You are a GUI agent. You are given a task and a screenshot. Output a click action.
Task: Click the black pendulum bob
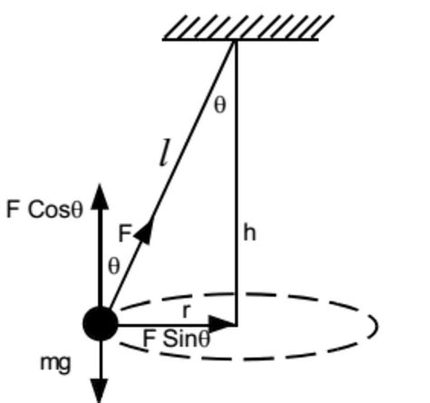pyautogui.click(x=100, y=323)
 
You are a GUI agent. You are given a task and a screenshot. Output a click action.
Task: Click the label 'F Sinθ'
pyautogui.click(x=177, y=340)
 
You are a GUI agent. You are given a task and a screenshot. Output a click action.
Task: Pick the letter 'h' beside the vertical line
pyautogui.click(x=249, y=233)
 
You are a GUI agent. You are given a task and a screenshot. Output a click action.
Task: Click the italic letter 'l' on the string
pyautogui.click(x=163, y=155)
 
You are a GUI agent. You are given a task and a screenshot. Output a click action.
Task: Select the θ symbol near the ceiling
pyautogui.click(x=220, y=104)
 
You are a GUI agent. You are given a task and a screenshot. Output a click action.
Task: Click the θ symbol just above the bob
pyautogui.click(x=113, y=265)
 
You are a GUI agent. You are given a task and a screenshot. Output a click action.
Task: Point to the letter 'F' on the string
pyautogui.click(x=125, y=233)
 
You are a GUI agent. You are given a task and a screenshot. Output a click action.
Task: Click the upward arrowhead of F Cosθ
pyautogui.click(x=100, y=192)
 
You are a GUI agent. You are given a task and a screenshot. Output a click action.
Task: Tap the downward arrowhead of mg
pyautogui.click(x=100, y=390)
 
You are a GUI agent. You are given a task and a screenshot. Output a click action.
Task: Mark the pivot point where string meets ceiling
pyautogui.click(x=236, y=41)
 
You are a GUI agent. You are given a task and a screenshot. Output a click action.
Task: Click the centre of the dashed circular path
pyautogui.click(x=236, y=324)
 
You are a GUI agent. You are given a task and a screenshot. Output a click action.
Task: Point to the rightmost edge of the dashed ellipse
pyautogui.click(x=376, y=325)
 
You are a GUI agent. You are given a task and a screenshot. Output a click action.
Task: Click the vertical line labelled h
pyautogui.click(x=236, y=182)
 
